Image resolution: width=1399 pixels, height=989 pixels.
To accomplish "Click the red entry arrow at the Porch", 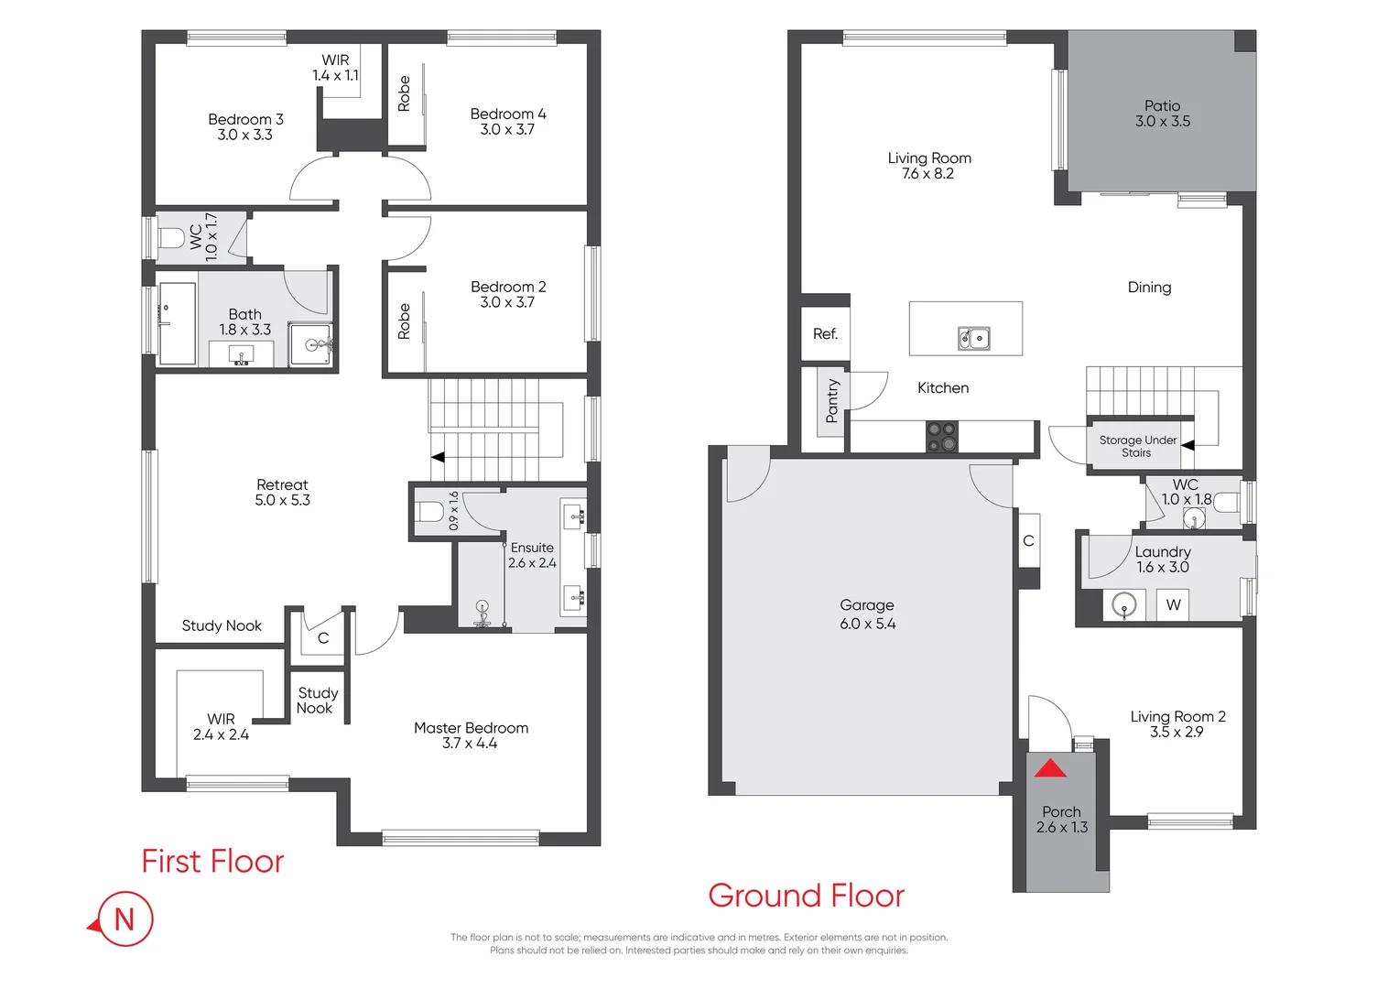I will (x=1050, y=768).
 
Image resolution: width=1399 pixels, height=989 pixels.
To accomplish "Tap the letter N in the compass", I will (x=125, y=918).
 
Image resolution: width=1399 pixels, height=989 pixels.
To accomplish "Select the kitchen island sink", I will (x=973, y=339).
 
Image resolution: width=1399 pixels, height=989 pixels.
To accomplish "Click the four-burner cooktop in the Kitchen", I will (x=941, y=437).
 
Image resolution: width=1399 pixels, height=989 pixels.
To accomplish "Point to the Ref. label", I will (x=825, y=334).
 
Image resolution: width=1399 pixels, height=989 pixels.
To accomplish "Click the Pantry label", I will (x=832, y=401).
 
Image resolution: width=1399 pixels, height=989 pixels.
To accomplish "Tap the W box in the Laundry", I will (x=1173, y=604).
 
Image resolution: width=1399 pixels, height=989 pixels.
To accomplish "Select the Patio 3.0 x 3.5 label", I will (x=1163, y=114).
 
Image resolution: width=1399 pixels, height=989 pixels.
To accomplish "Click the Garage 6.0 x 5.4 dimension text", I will (x=868, y=624).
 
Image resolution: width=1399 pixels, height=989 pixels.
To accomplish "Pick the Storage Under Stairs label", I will (x=1137, y=446).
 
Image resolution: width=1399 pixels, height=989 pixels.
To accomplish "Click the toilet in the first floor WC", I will (x=171, y=239).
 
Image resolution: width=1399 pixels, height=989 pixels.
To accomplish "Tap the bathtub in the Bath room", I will (x=178, y=323).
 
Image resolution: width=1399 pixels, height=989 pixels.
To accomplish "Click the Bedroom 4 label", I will (x=508, y=121).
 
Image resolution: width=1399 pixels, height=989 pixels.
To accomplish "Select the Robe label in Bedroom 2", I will (x=404, y=321).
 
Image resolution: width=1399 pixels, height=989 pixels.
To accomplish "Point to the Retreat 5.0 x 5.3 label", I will (x=282, y=493).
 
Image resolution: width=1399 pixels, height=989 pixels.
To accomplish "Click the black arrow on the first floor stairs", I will (x=438, y=456).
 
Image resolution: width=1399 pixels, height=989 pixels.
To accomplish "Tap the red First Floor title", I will (x=212, y=862).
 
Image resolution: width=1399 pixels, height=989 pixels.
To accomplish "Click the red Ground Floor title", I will (x=806, y=896).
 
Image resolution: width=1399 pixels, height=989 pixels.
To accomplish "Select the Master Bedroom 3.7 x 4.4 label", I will (x=471, y=735).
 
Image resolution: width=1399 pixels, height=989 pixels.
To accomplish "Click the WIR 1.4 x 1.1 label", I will (x=335, y=68).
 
